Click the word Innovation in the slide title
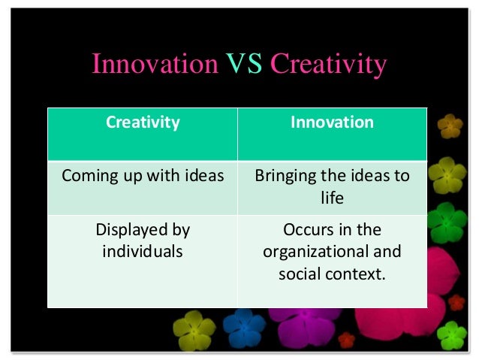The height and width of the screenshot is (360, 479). coord(154,65)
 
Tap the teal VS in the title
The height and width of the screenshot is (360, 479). coord(244,65)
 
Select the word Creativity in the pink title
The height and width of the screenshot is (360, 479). coord(328,65)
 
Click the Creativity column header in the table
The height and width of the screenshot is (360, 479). coord(143,123)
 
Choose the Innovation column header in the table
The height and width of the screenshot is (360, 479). coord(332,123)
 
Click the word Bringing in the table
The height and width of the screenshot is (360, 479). coord(283,177)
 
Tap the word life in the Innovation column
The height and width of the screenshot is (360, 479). coord(332,197)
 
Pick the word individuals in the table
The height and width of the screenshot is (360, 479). coord(143,251)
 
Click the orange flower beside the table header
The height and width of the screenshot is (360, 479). coord(450,126)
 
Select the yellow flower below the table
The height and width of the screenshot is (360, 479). coord(194,330)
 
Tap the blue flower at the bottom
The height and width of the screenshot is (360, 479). coord(244,328)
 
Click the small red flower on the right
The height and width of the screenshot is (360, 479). coord(456,302)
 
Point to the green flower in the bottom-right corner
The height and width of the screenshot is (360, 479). coord(452,334)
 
